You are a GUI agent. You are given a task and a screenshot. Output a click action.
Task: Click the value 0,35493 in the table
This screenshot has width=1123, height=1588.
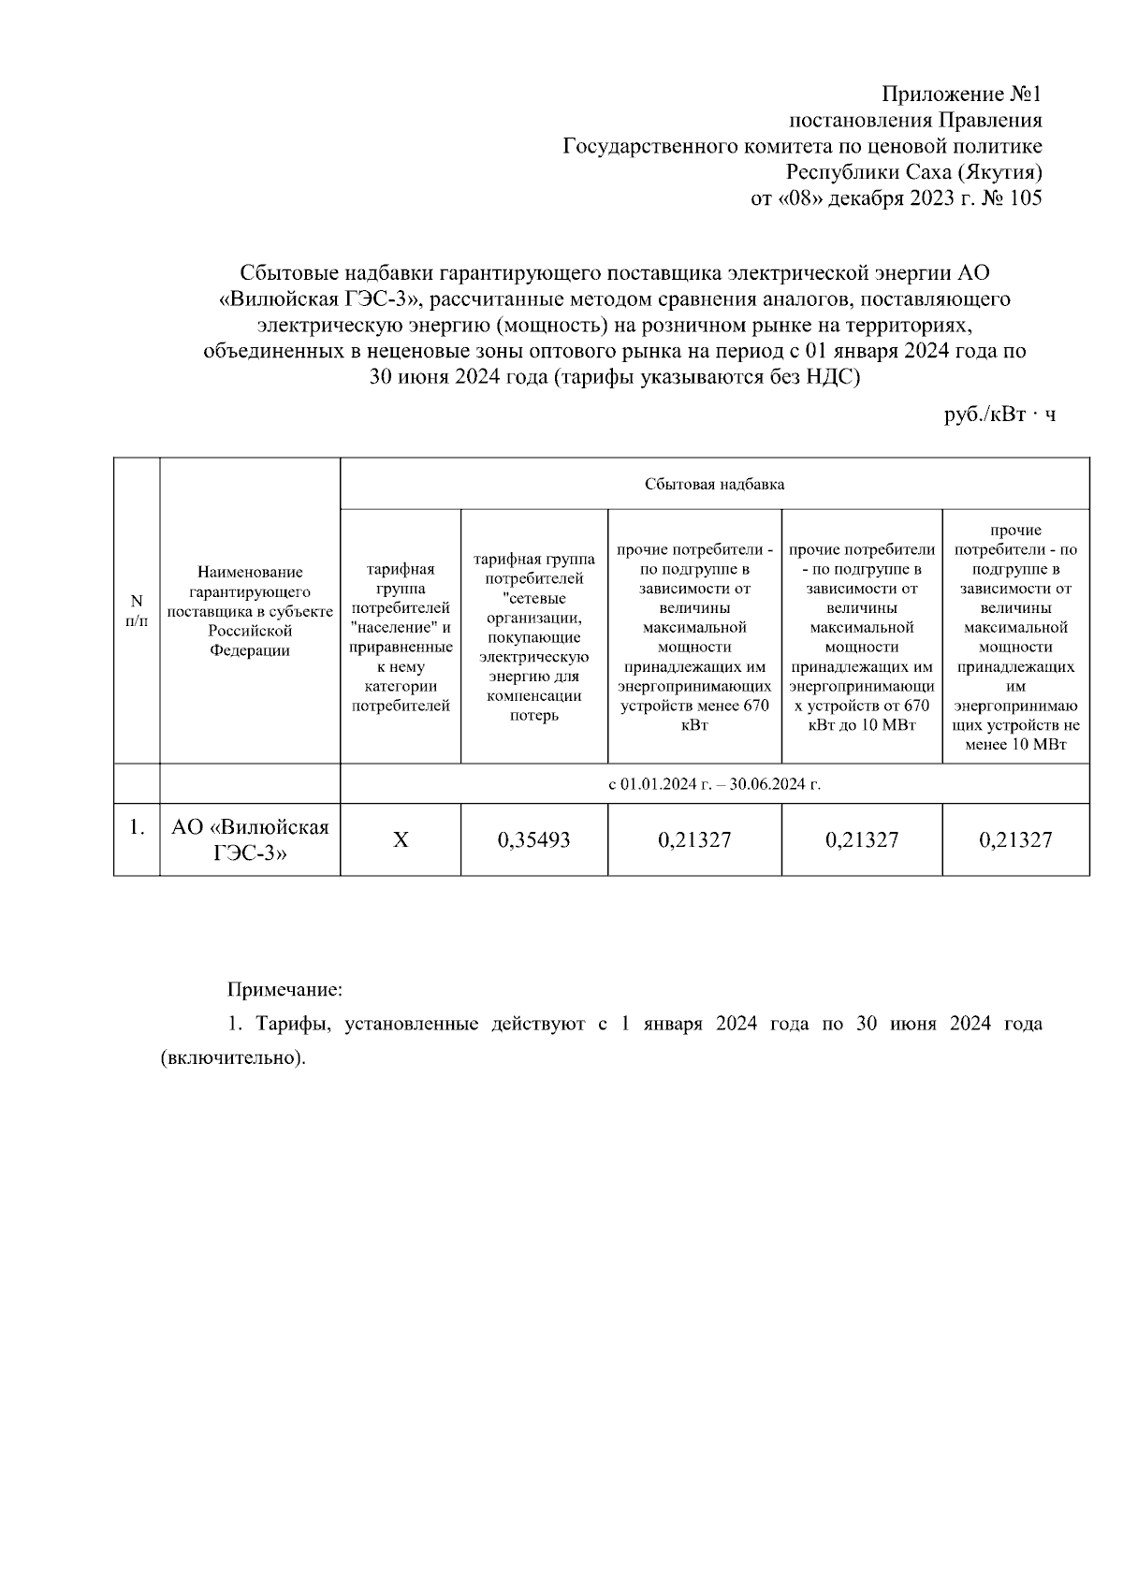pos(533,840)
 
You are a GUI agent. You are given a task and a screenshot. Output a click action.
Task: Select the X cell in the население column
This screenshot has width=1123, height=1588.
pos(401,840)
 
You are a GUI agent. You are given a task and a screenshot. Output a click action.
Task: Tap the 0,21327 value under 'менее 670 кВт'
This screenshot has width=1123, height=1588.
pos(694,840)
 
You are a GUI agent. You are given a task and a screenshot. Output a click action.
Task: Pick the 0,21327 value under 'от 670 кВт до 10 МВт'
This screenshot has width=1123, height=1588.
pos(861,840)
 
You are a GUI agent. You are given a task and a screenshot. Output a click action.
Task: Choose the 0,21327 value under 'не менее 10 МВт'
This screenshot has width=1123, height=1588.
pos(1015,840)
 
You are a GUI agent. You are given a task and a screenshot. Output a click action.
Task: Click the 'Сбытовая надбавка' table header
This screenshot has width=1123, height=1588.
pos(714,484)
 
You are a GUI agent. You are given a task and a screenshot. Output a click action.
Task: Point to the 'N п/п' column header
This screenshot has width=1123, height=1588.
pos(137,611)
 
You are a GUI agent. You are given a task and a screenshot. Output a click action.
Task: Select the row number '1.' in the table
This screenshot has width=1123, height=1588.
pos(137,828)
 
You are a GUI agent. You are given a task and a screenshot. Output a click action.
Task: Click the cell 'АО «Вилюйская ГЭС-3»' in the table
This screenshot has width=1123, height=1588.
pos(250,840)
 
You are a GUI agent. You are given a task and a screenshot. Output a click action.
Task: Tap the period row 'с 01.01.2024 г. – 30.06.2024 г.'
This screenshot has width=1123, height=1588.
pos(714,784)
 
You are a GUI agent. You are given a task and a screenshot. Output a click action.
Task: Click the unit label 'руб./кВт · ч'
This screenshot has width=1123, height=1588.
pos(999,415)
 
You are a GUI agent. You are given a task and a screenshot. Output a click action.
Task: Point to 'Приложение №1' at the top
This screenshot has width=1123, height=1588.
pos(961,95)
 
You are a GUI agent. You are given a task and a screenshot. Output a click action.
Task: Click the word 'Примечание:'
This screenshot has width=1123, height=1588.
pos(285,989)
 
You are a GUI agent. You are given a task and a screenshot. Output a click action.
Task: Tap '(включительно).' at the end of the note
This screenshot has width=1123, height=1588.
pos(234,1058)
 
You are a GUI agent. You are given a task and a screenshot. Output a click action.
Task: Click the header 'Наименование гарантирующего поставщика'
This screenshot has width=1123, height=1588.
pos(250,611)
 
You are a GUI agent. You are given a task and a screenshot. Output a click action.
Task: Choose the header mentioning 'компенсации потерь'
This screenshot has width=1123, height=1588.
pos(533,637)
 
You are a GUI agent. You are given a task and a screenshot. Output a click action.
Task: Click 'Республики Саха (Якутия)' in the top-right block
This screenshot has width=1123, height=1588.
pos(913,172)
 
